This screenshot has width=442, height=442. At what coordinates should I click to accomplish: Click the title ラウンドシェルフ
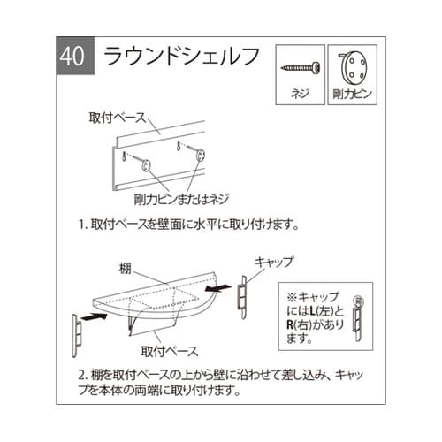click(183, 56)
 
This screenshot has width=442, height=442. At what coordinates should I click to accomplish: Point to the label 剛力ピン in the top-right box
click(353, 91)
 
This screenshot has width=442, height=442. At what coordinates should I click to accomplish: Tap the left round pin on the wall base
click(144, 164)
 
